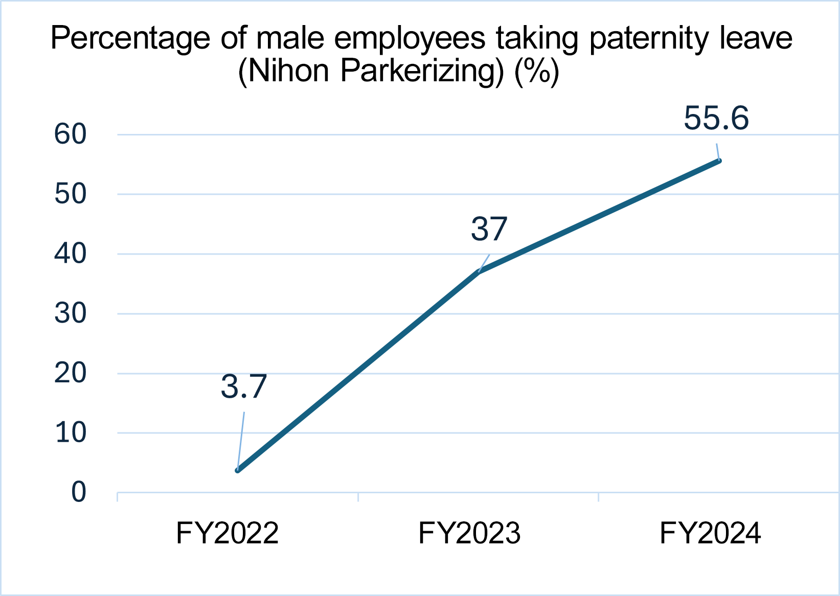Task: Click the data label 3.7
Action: tap(244, 386)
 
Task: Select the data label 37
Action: tap(489, 229)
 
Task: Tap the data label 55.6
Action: tap(716, 118)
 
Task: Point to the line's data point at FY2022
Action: tap(238, 470)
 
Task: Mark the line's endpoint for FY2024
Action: tap(719, 161)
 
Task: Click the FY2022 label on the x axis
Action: tap(227, 533)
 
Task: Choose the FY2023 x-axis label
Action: tap(469, 533)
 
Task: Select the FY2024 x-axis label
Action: tap(710, 533)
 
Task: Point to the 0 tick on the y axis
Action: tap(79, 493)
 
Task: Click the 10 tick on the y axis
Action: tap(71, 433)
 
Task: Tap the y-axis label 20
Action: tap(71, 373)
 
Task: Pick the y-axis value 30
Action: tap(71, 313)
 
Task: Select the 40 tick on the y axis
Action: tap(71, 254)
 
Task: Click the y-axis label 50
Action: tap(71, 194)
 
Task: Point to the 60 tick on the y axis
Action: tap(71, 134)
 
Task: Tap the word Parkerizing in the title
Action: tap(422, 72)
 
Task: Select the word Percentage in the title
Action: tap(130, 39)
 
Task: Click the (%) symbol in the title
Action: tap(537, 72)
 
